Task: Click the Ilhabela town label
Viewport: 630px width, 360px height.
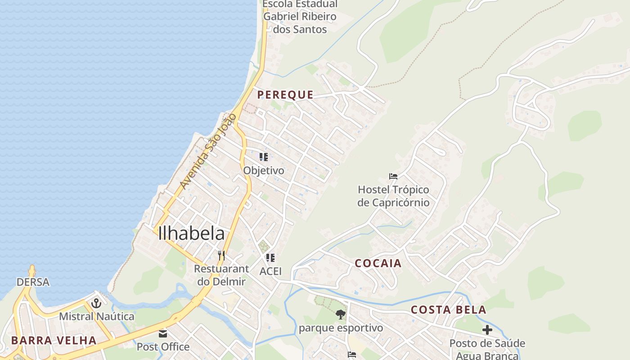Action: tap(191, 234)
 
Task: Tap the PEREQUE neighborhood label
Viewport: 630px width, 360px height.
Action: tap(285, 94)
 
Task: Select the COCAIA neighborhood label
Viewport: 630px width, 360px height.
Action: tap(378, 263)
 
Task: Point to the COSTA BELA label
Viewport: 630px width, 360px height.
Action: tap(449, 310)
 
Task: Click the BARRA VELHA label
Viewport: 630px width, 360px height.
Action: tap(54, 340)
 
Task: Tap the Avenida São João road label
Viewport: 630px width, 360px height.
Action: tap(208, 151)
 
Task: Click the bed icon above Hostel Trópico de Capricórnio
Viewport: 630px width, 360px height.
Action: tap(393, 176)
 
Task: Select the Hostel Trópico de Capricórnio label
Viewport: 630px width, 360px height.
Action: tap(393, 196)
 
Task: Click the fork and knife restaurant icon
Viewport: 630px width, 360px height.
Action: tap(221, 256)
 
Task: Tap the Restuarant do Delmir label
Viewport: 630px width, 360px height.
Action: tap(221, 275)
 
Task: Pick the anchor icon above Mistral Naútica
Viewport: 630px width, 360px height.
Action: tap(96, 303)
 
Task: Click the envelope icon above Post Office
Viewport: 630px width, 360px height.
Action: tap(163, 334)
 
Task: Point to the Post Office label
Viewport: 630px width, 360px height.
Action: tap(163, 347)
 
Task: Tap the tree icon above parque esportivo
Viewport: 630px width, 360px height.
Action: tap(341, 314)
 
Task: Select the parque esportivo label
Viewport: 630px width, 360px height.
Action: tap(341, 328)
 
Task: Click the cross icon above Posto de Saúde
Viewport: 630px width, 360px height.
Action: tap(487, 330)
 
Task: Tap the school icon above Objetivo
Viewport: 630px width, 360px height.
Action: tap(264, 157)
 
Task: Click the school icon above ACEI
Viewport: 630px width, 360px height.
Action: tap(270, 258)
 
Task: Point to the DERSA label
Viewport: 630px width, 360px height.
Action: tap(33, 282)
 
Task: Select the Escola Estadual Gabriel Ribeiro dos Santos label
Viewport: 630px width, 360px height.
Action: tap(300, 17)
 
